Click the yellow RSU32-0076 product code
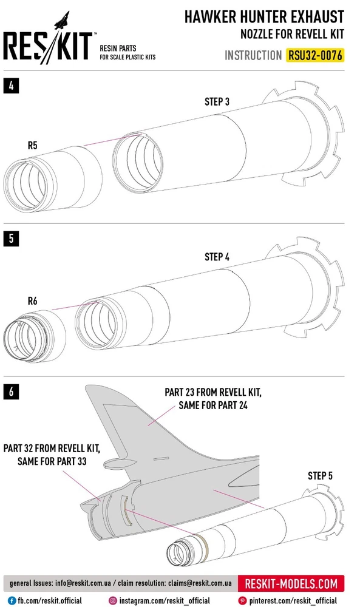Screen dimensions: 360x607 [314, 55]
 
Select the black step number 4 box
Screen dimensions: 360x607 [11, 86]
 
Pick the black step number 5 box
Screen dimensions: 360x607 [11, 239]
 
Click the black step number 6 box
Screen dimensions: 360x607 [11, 392]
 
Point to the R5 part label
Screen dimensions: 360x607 [33, 145]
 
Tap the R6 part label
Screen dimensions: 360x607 [33, 301]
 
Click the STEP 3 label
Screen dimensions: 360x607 [217, 101]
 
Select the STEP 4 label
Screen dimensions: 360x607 [217, 257]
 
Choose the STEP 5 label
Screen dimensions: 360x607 [320, 476]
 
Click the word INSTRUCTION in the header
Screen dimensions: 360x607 [253, 56]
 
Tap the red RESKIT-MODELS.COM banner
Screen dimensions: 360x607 [291, 583]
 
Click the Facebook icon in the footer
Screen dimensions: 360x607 [12, 600]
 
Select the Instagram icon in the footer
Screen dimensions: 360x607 [113, 600]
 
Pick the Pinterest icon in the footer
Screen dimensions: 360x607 [242, 600]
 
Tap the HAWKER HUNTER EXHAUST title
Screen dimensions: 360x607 [264, 17]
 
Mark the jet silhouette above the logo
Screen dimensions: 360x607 [63, 20]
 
